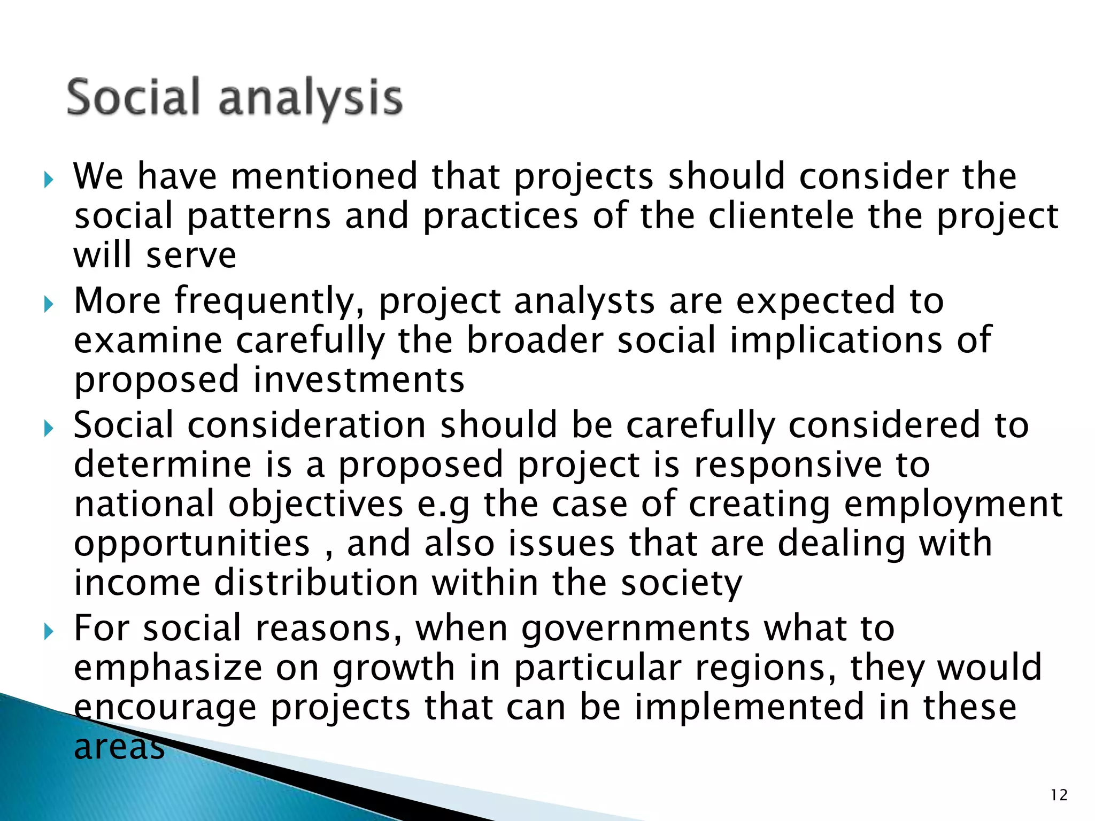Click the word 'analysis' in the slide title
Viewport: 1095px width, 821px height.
point(310,99)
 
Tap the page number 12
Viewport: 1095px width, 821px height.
point(1059,795)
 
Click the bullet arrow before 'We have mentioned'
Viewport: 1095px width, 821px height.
point(49,180)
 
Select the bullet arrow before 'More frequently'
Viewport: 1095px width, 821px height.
point(49,305)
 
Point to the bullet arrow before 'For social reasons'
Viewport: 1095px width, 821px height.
point(49,632)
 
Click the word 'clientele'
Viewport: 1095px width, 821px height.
point(781,216)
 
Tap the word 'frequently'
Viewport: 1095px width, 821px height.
point(270,302)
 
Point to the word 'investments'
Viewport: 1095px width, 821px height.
point(359,380)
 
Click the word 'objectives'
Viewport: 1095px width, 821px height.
point(315,505)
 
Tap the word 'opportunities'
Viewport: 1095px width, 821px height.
point(191,545)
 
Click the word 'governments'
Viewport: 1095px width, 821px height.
point(636,630)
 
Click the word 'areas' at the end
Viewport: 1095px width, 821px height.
point(119,747)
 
